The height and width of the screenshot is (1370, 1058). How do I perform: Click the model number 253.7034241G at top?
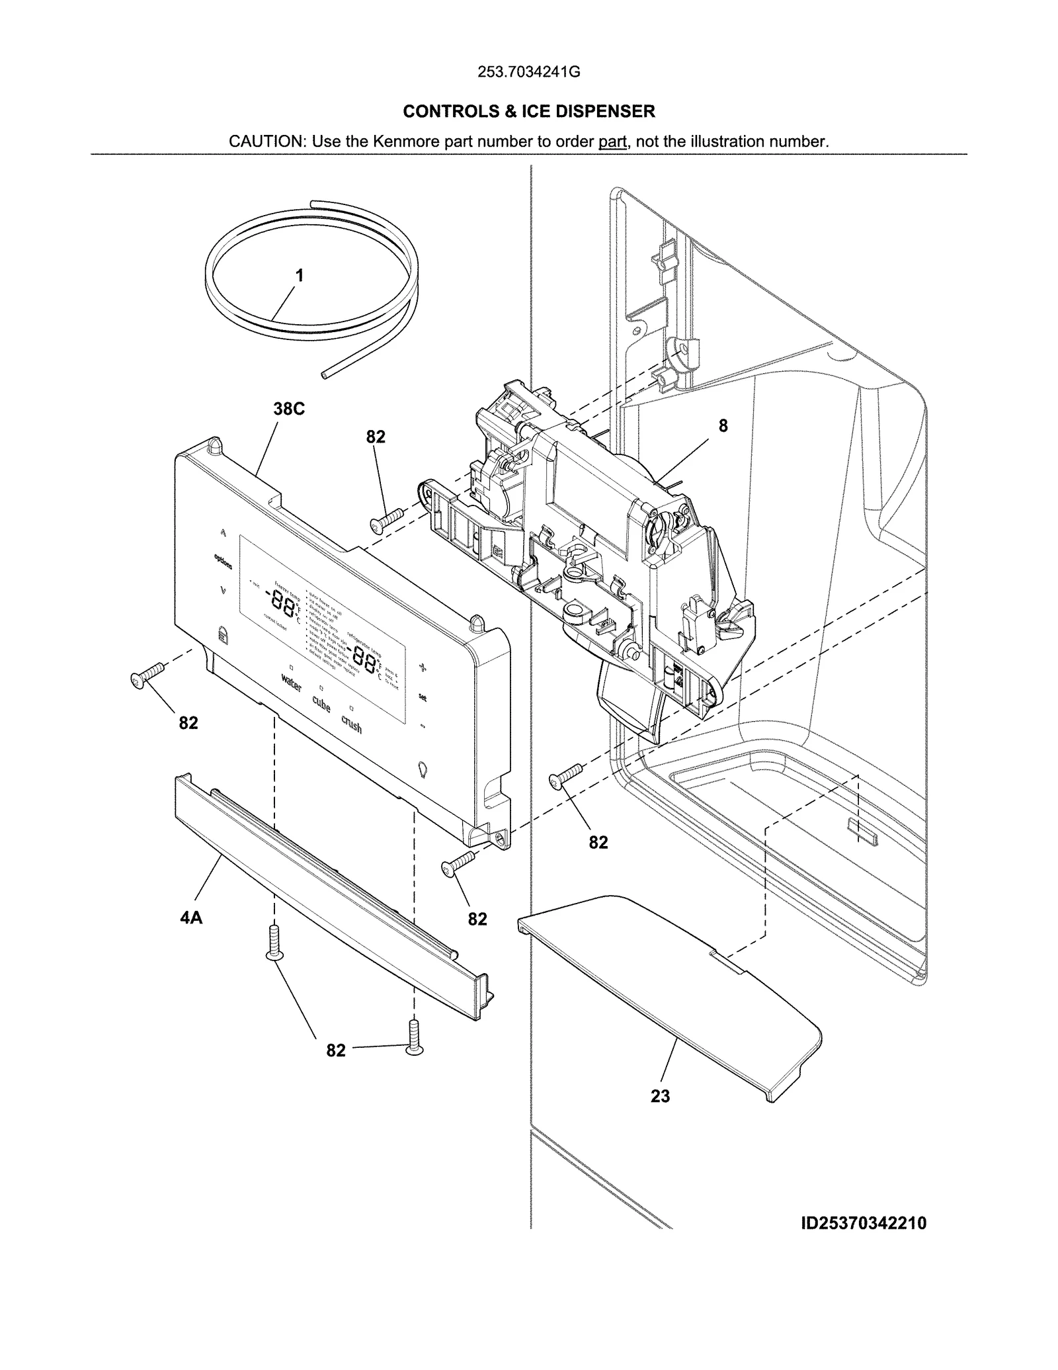[x=528, y=72]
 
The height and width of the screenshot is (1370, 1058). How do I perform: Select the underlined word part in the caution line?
[x=612, y=142]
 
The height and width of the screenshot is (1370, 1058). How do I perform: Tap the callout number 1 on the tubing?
[x=300, y=275]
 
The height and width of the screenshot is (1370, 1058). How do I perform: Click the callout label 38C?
[x=289, y=409]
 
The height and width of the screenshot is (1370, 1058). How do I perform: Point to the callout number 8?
[x=723, y=426]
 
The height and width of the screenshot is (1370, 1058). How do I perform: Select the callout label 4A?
[x=191, y=918]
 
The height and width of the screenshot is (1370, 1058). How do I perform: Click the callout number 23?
[x=660, y=1096]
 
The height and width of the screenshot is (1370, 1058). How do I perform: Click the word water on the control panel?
[x=292, y=683]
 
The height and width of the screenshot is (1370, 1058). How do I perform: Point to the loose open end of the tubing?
[x=323, y=374]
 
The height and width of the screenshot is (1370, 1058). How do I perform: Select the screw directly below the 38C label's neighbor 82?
[x=387, y=518]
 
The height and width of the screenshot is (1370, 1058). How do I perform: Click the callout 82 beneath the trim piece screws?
[x=336, y=1050]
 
